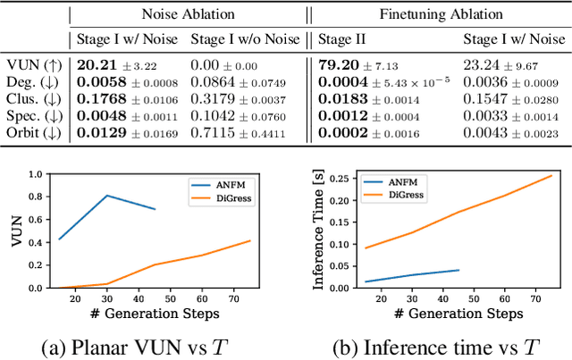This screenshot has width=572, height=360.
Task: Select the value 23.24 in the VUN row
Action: coord(482,65)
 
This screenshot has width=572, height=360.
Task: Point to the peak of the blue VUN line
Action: coord(107,196)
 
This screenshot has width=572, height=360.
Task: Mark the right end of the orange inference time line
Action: coord(552,176)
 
